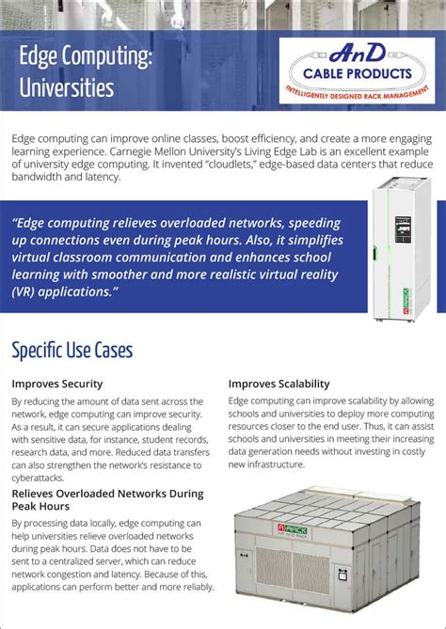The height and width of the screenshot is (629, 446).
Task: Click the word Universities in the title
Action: [67, 88]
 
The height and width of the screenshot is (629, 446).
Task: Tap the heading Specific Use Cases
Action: [72, 352]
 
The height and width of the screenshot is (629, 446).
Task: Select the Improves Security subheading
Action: [57, 384]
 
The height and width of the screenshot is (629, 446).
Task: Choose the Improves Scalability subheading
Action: [279, 384]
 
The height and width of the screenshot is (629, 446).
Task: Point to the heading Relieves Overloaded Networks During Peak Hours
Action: [107, 499]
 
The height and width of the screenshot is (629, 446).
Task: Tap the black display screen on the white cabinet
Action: [403, 232]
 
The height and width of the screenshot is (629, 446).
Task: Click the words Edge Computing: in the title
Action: [86, 58]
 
